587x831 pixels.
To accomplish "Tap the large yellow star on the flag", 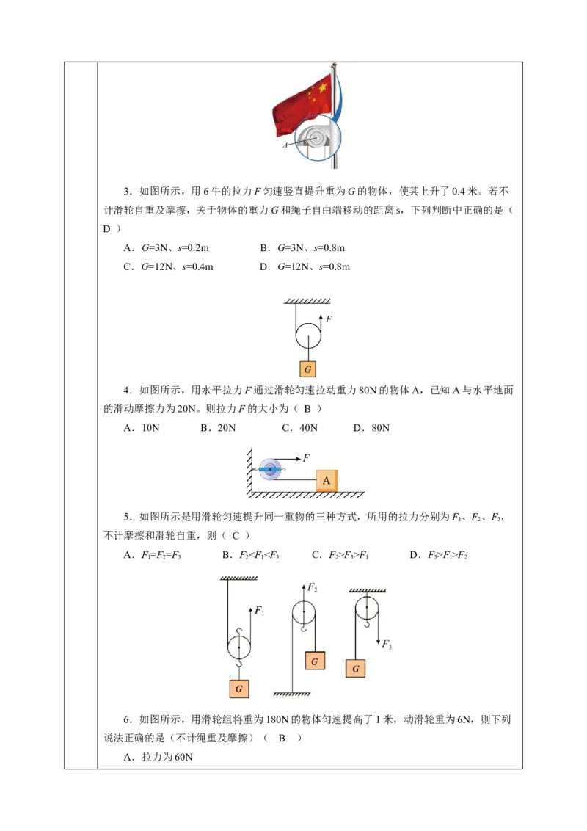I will tap(321, 92).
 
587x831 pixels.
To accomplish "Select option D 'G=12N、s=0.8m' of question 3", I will tap(305, 266).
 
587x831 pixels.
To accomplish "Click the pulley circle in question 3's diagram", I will tap(308, 336).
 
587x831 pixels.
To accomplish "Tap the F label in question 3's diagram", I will tap(329, 319).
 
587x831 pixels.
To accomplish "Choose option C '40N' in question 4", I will tap(300, 428).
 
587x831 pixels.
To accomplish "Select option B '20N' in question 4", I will tap(219, 428).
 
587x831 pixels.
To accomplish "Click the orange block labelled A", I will tap(327, 481).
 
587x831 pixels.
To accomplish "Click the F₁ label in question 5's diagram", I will tap(259, 610).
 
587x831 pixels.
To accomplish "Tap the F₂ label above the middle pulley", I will tap(313, 588).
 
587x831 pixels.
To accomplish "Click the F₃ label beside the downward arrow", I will tap(387, 645).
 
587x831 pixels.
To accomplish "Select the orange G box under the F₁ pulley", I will tap(238, 689).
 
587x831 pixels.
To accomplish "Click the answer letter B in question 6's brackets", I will tap(282, 738).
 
